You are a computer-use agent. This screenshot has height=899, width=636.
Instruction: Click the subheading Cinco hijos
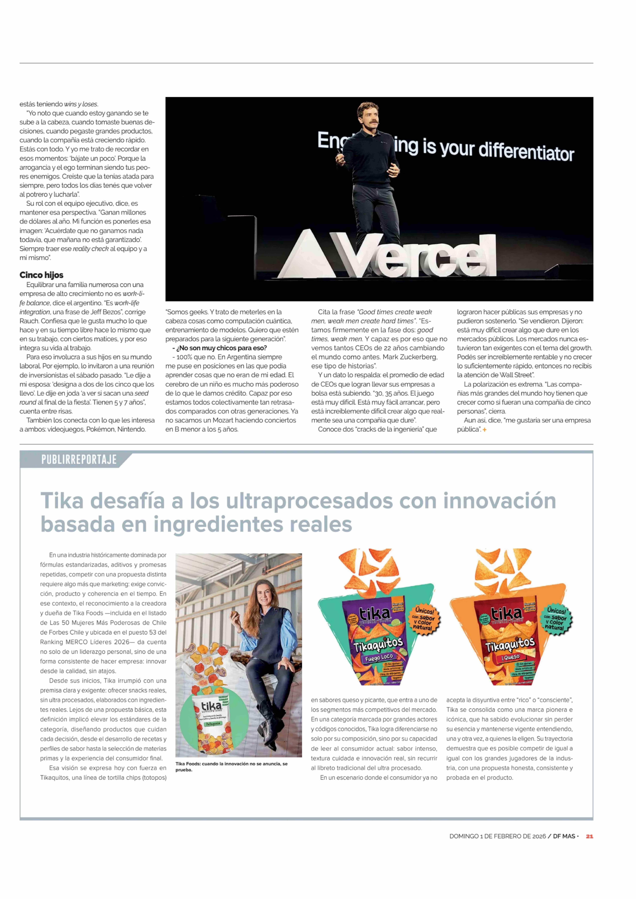click(x=42, y=275)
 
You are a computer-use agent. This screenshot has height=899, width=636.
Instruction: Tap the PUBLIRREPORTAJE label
click(x=79, y=459)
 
